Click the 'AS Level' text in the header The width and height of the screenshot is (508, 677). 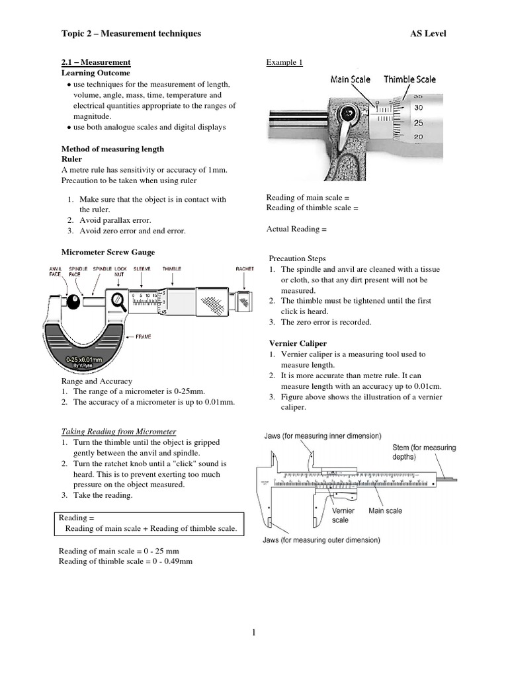point(428,34)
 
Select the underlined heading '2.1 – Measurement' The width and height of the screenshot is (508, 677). point(96,62)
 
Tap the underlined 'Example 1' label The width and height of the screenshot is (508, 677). point(284,63)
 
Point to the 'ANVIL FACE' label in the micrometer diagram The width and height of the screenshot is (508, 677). point(56,272)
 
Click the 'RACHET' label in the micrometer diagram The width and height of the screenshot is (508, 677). point(245,269)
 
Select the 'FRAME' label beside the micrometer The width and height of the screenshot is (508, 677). point(144,337)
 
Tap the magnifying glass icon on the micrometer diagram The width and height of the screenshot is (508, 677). point(120,301)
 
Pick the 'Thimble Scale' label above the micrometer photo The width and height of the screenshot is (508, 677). point(410,79)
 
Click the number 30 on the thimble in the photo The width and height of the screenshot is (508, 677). point(418,107)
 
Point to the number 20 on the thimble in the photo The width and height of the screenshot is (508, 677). point(418,137)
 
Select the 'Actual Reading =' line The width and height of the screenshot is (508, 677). point(296,229)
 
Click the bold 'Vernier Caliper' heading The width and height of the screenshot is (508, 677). point(298,343)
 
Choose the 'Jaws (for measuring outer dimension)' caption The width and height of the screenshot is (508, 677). point(318,540)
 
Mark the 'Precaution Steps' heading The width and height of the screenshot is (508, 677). point(297,259)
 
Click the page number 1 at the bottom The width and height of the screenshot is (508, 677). point(253,633)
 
